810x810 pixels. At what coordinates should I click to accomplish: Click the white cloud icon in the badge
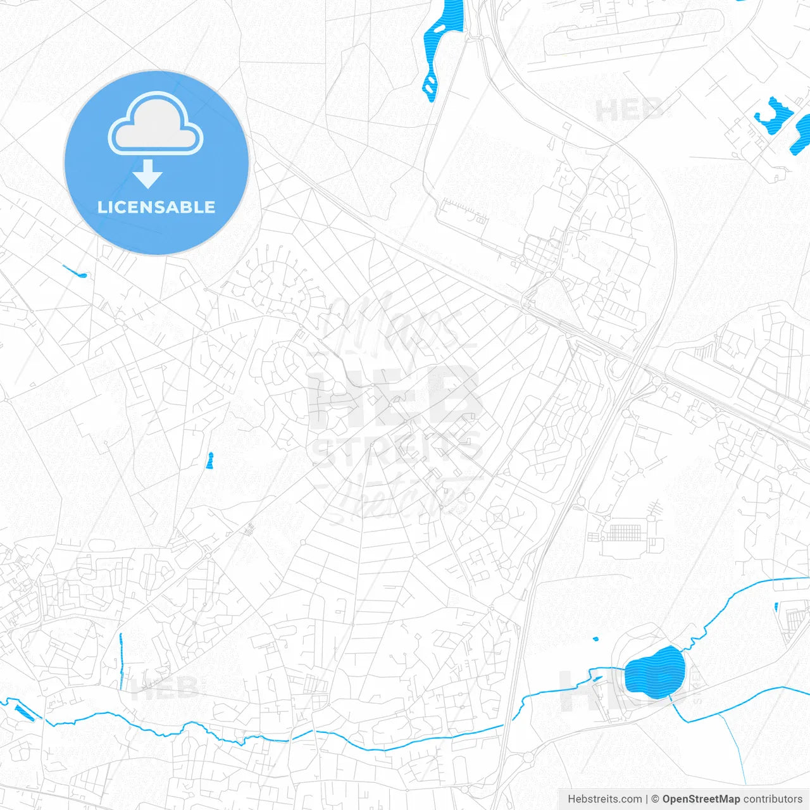coord(156,124)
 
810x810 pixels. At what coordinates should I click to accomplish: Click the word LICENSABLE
coord(156,207)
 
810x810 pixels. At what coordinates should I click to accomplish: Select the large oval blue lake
coord(655,672)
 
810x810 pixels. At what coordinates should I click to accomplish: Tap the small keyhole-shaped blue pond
coord(210,461)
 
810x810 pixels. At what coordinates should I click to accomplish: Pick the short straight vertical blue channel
coord(121,661)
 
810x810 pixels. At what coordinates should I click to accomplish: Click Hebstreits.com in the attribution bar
coord(604,799)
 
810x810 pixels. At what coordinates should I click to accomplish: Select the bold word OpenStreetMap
coord(701,799)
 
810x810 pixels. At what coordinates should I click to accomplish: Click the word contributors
coord(773,799)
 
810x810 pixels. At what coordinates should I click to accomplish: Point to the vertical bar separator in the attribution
coord(646,799)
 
